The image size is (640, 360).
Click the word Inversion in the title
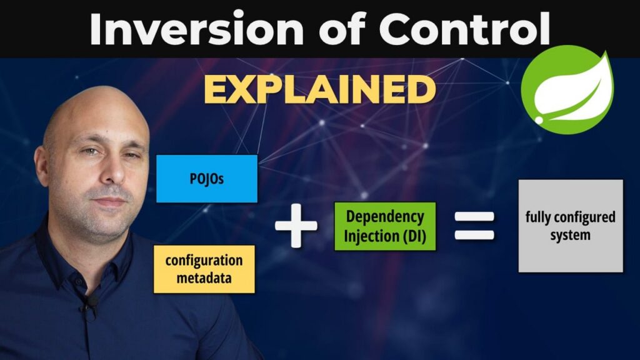[x=196, y=29]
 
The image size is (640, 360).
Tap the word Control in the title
[x=464, y=29]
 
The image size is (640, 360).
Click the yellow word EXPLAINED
[x=319, y=89]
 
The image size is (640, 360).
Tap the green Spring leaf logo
[x=567, y=90]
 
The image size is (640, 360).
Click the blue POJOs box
[x=207, y=179]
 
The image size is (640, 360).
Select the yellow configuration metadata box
[x=204, y=269]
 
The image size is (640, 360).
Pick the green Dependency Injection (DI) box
[x=385, y=226]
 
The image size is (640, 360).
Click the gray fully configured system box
[x=571, y=226]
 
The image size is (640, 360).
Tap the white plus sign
[x=296, y=226]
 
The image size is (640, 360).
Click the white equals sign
[x=474, y=226]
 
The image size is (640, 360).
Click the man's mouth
[x=109, y=201]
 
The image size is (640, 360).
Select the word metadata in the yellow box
[x=204, y=278]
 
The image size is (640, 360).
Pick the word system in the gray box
[x=570, y=236]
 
